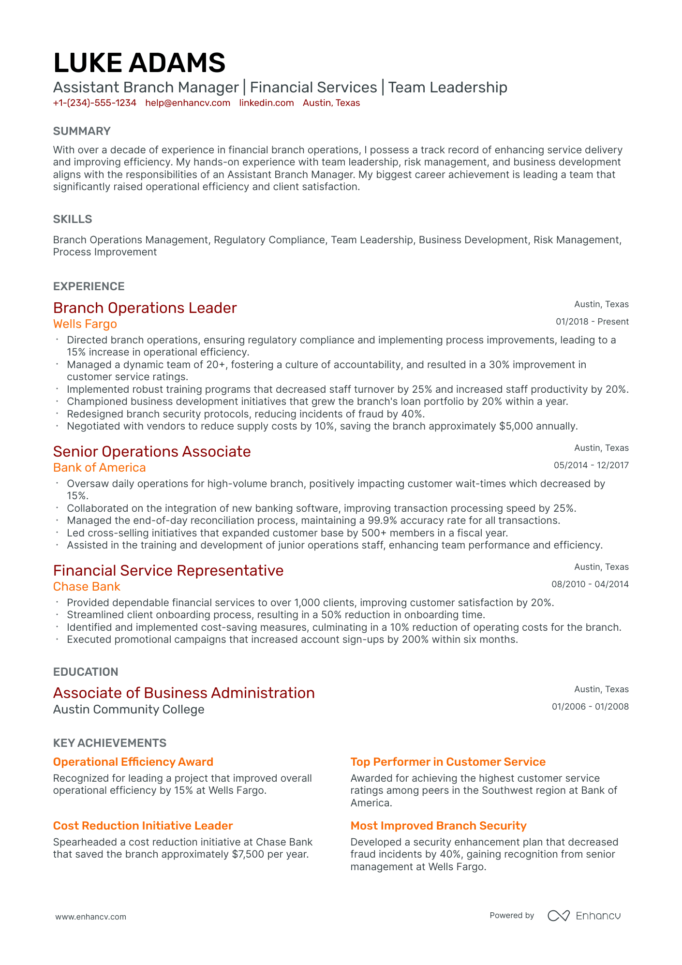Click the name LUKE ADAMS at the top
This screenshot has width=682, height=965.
[139, 63]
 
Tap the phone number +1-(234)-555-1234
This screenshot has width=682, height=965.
[94, 103]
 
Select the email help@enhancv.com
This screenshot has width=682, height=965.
[188, 103]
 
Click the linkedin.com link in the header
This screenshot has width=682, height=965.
[267, 103]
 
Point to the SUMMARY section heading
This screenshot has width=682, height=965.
[82, 131]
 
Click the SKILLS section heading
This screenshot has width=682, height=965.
[73, 219]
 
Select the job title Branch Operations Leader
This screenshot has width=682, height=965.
[145, 308]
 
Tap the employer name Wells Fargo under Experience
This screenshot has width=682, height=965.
[85, 324]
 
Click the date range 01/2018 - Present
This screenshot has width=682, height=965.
[592, 322]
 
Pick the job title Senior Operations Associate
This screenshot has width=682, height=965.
[152, 452]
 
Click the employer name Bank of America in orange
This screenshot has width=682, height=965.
[99, 468]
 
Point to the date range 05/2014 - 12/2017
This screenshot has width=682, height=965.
[591, 465]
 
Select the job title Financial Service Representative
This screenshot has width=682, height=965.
[168, 571]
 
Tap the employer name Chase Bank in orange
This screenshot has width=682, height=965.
[87, 587]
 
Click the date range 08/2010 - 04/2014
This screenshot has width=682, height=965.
[590, 584]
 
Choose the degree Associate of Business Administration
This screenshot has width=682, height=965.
[184, 693]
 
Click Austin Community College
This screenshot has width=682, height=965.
[129, 710]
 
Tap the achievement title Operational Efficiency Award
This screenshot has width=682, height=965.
[133, 762]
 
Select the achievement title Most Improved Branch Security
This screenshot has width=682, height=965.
[438, 826]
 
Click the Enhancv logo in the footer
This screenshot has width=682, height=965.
[584, 916]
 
